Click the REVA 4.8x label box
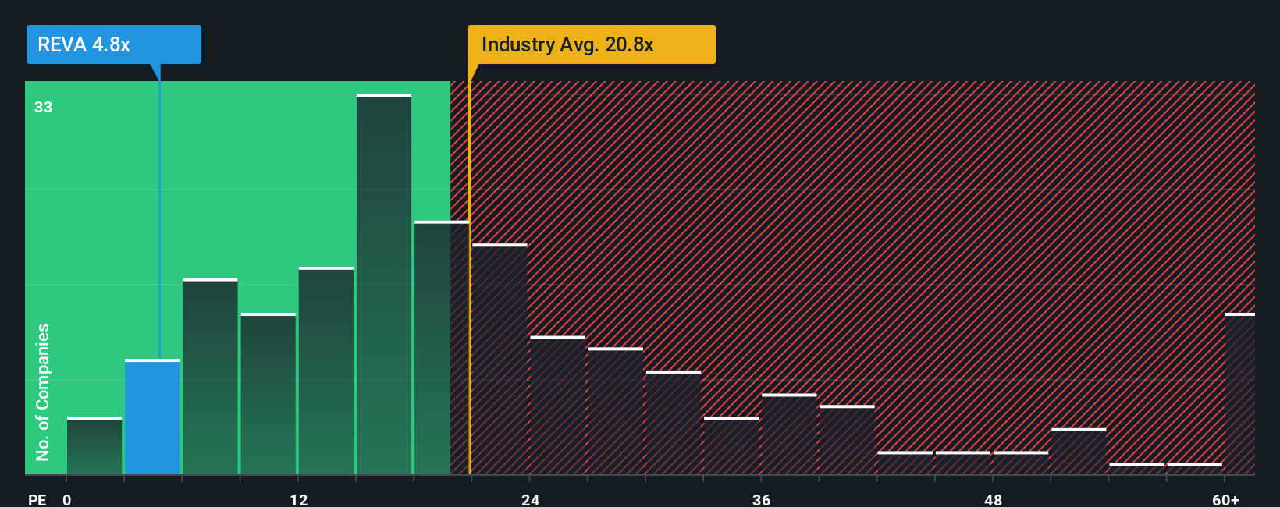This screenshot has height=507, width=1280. [114, 44]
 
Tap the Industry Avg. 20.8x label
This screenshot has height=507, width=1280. [591, 44]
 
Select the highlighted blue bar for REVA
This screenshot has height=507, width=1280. [152, 417]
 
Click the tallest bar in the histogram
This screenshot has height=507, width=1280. [384, 285]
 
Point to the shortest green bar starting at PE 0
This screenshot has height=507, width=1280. [94, 446]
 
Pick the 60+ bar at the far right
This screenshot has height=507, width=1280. [1239, 394]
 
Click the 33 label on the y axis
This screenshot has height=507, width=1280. [43, 107]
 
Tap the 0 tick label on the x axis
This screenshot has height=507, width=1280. [67, 499]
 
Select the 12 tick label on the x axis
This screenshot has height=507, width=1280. [299, 499]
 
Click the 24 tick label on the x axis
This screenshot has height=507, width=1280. [531, 499]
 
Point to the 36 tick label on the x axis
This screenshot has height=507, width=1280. [762, 499]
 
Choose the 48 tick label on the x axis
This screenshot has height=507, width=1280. [993, 499]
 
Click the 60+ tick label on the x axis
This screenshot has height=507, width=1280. [1225, 499]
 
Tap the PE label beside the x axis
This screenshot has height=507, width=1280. [37, 499]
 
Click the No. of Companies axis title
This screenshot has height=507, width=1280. [43, 392]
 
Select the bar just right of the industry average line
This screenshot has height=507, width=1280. [500, 359]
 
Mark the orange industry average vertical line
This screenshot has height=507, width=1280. [469, 273]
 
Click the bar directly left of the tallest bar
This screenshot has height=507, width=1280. [326, 370]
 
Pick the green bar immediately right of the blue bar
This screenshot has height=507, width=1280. [210, 377]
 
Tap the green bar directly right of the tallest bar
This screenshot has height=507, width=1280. [432, 348]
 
